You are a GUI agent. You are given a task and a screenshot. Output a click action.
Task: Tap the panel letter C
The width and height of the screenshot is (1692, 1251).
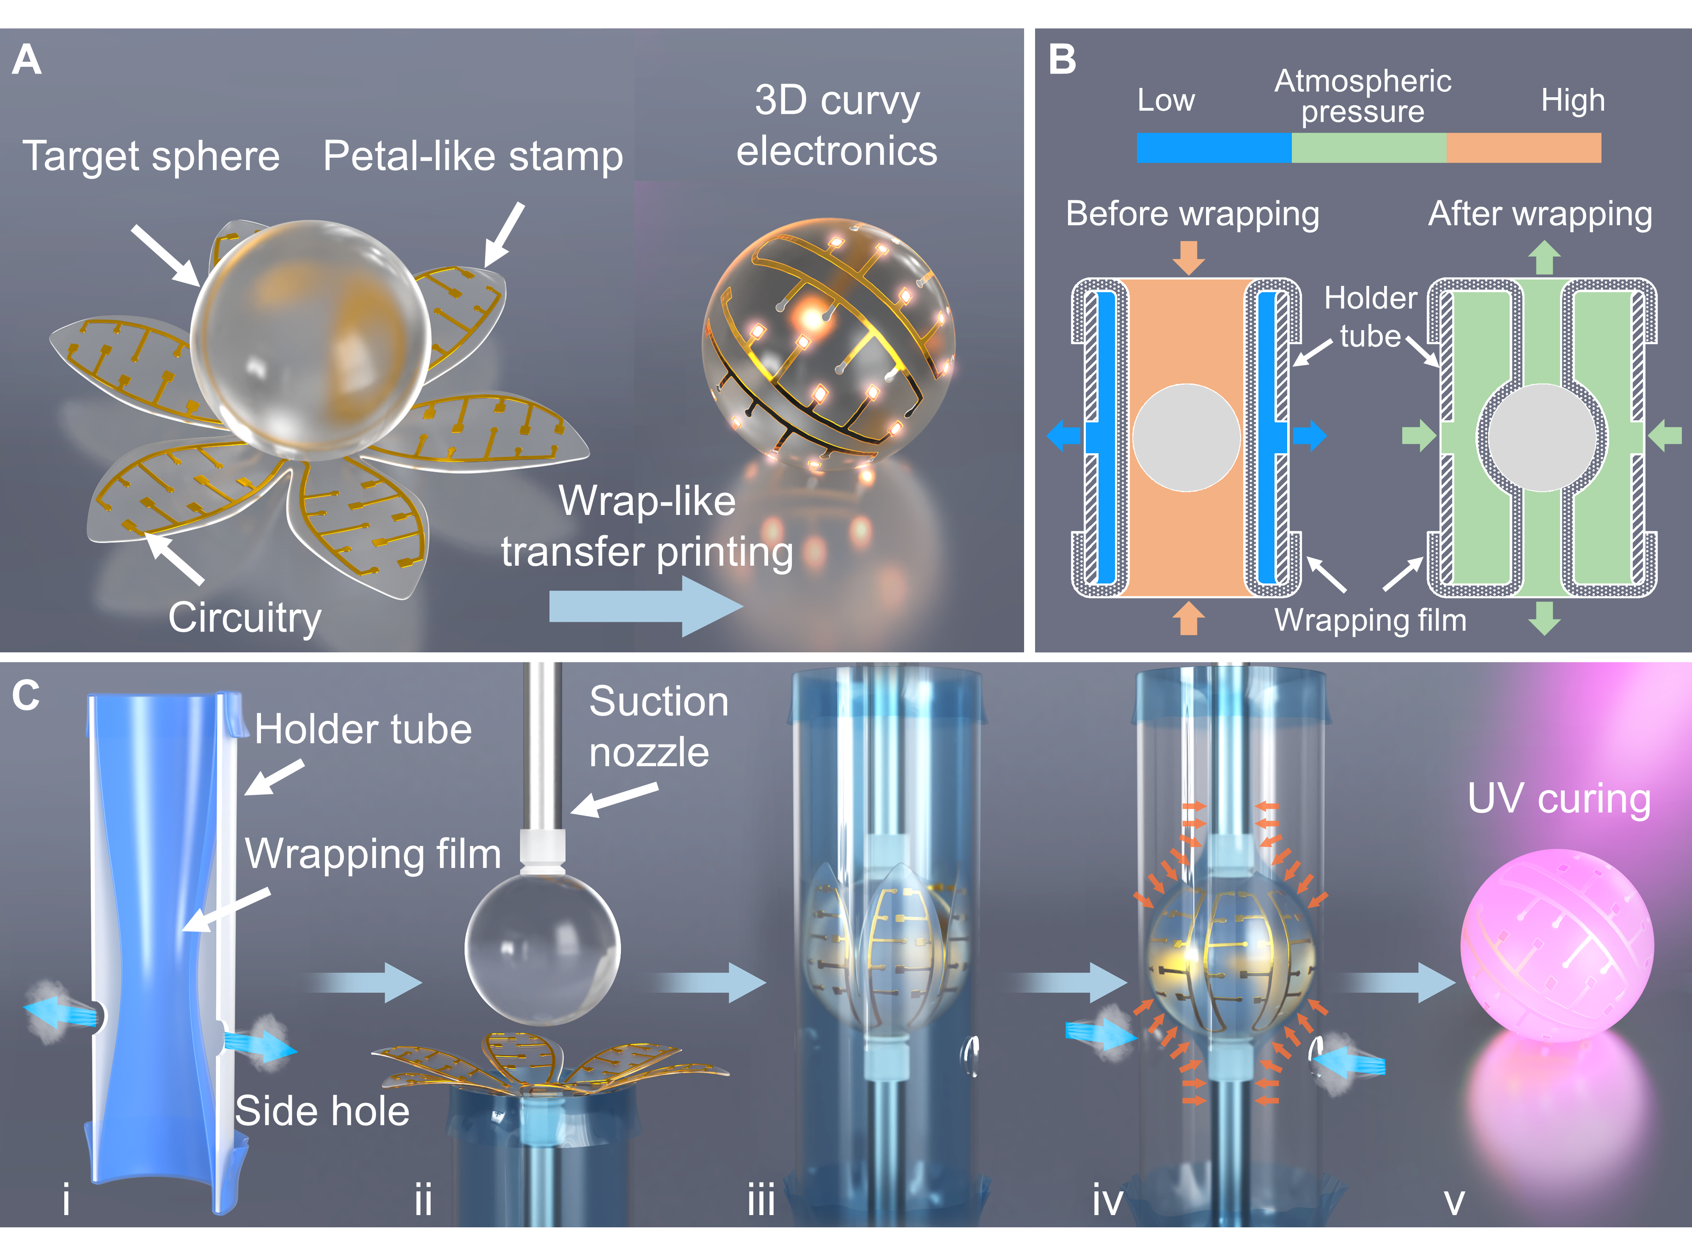point(26,695)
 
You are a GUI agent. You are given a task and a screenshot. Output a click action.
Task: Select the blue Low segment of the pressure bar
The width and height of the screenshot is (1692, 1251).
point(1214,148)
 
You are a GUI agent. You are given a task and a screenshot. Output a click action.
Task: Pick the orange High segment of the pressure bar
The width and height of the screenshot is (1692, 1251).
point(1523,148)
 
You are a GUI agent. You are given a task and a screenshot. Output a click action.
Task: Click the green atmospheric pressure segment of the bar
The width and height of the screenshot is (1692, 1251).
point(1368,148)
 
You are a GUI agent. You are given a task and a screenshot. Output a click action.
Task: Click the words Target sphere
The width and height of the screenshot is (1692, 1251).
point(151,156)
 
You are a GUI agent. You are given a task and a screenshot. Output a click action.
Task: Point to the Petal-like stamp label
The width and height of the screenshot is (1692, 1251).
point(473,156)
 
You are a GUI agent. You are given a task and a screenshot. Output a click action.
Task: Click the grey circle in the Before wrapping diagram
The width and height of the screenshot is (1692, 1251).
point(1187,437)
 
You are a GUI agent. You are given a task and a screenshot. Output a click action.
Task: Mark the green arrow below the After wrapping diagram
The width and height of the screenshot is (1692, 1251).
point(1544,617)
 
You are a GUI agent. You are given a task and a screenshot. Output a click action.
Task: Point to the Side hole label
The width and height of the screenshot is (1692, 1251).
point(322,1111)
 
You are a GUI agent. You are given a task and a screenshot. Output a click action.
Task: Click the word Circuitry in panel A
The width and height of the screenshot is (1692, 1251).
point(245,618)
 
